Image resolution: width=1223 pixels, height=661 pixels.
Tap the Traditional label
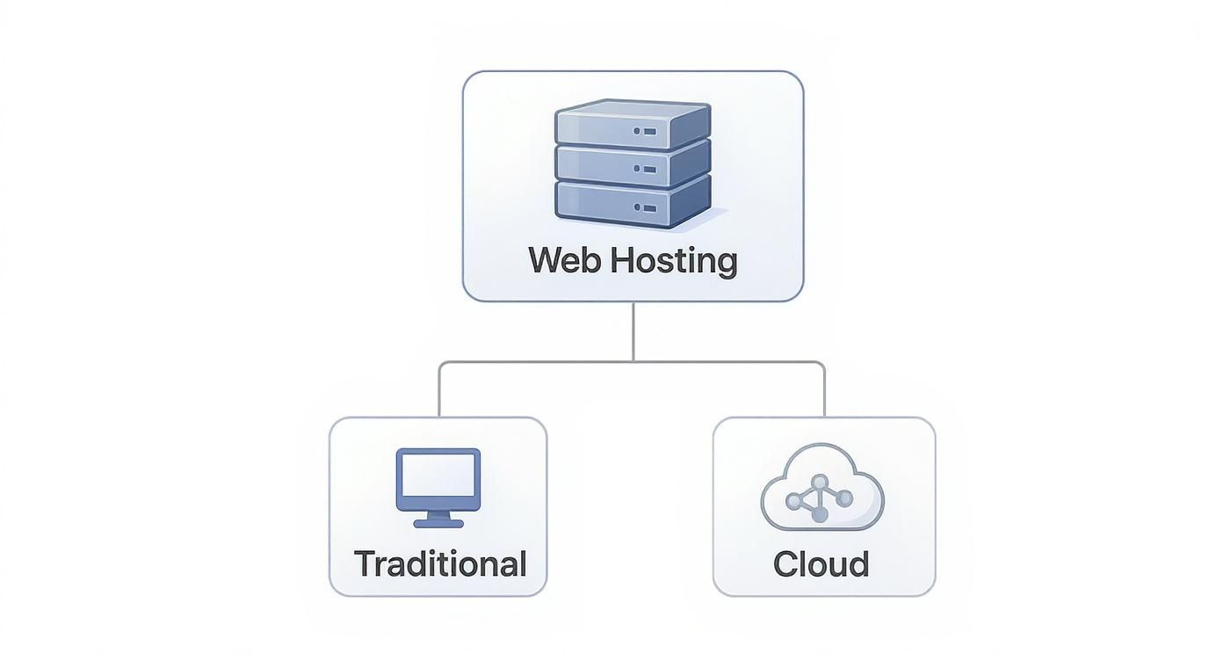[439, 563]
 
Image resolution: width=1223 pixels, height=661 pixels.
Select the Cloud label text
[821, 563]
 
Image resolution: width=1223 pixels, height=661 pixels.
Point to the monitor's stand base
[438, 523]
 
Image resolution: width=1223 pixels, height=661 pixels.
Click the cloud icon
[821, 489]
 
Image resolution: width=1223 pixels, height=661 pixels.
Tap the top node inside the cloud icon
[820, 481]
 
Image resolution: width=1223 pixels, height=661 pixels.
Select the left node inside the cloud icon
[794, 501]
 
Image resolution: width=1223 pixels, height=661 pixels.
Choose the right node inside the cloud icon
[844, 498]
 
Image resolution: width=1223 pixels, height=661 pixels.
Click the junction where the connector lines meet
[633, 361]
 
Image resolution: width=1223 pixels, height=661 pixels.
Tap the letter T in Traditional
[362, 563]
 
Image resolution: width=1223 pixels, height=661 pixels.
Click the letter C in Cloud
[785, 563]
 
